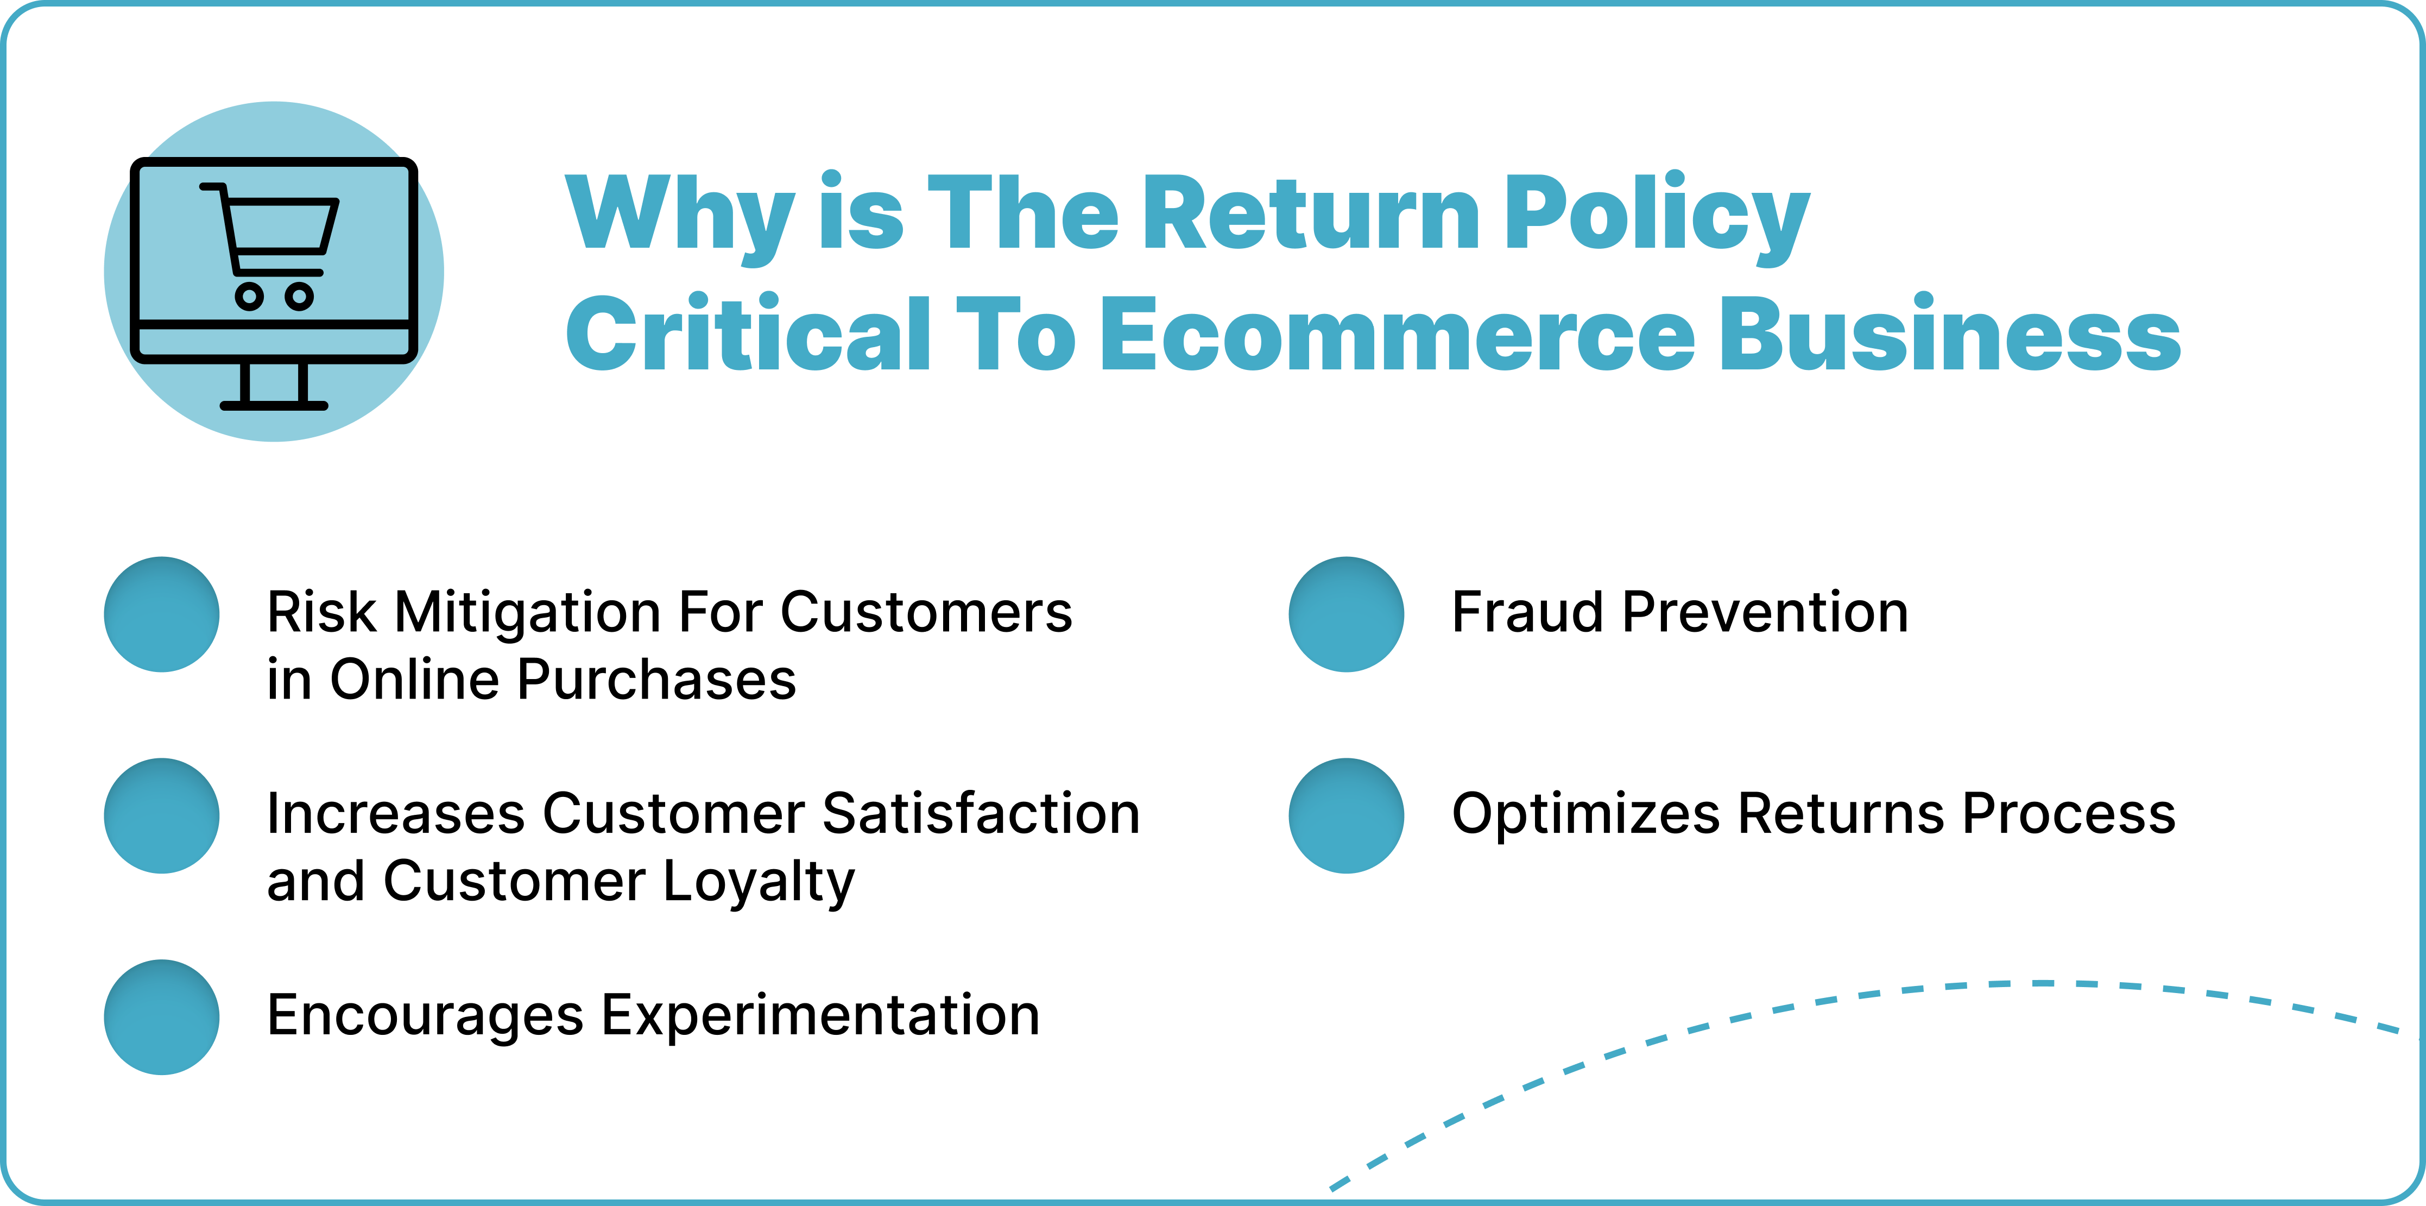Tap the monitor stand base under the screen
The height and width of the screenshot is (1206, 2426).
tap(274, 405)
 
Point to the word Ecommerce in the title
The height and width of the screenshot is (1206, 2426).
tap(1398, 335)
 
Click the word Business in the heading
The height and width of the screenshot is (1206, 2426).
tap(1950, 332)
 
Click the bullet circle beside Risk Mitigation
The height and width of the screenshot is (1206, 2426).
tap(162, 614)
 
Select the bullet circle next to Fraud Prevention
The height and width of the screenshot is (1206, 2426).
tap(1347, 614)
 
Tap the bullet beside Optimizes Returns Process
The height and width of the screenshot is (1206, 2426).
tap(1347, 816)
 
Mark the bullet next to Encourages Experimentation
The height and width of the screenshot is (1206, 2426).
tap(162, 1017)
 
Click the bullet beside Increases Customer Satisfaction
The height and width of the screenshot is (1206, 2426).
tap(162, 816)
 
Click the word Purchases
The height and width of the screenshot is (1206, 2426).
tap(656, 680)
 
